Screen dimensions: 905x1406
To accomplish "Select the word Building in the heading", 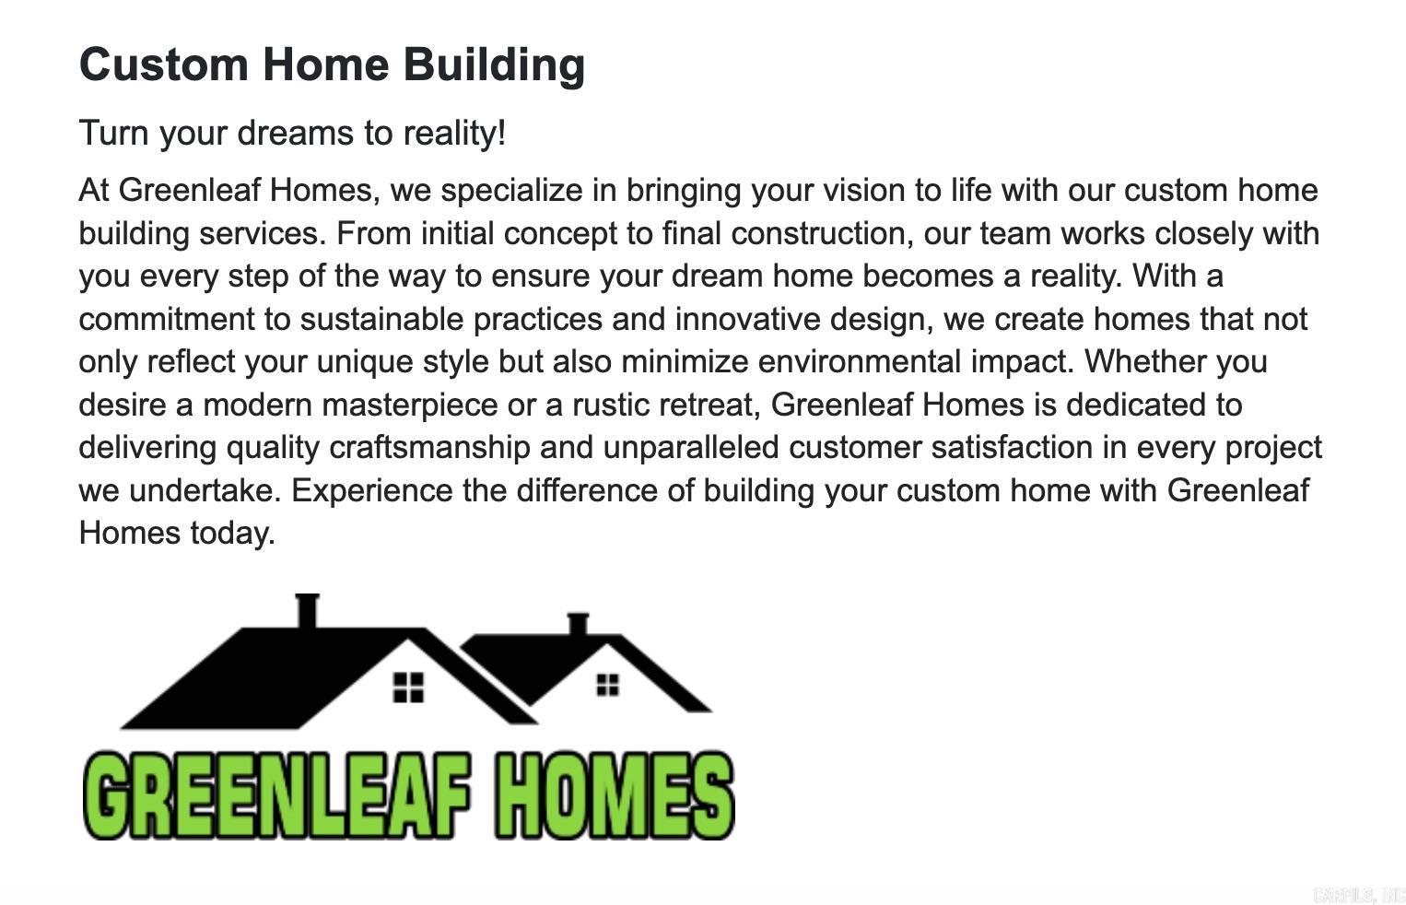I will (494, 65).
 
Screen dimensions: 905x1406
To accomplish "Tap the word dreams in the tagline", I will (295, 134).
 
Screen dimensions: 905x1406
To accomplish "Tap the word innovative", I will (747, 320).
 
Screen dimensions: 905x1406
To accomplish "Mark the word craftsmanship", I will (429, 448).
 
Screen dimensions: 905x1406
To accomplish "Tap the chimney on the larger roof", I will (307, 610).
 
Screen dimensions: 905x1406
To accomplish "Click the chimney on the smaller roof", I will (578, 624).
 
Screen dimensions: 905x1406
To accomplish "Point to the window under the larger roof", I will (408, 687).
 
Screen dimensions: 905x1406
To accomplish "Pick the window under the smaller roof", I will (607, 685).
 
